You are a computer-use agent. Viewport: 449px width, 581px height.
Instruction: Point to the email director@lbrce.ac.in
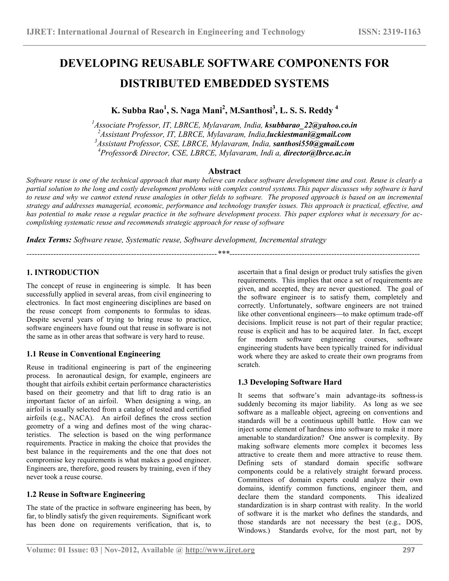click(x=317, y=153)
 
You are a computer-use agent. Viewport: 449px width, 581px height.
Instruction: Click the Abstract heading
click(x=224, y=171)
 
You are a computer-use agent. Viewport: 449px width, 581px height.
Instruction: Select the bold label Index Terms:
click(x=49, y=240)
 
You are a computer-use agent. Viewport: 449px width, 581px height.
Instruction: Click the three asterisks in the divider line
click(x=223, y=253)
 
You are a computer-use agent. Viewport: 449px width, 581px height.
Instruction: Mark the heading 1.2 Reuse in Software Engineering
click(x=86, y=494)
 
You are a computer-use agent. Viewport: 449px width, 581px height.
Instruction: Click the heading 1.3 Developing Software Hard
click(x=289, y=382)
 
